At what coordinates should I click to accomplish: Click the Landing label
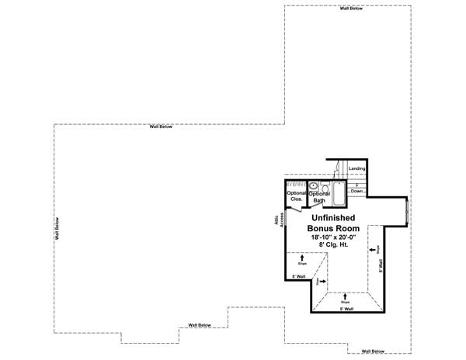(x=357, y=168)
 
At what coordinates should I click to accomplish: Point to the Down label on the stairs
(x=357, y=190)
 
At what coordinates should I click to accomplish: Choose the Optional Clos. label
(x=297, y=196)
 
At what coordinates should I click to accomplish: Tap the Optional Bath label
(x=320, y=196)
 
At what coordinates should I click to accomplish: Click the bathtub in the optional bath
(x=339, y=192)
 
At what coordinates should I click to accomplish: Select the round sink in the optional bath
(x=313, y=186)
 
